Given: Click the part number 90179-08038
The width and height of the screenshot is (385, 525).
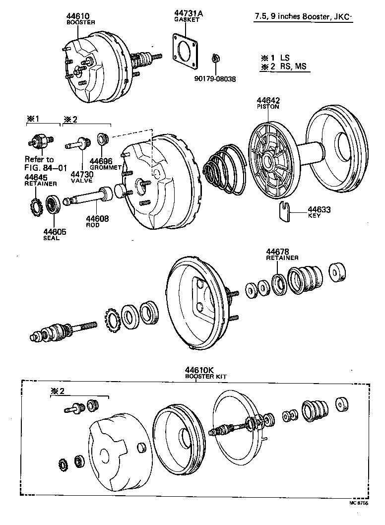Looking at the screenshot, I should pos(215,78).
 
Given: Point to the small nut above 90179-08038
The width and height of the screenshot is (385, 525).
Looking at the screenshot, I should pos(215,59).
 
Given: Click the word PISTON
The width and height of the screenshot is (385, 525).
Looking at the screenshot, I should pos(268,106).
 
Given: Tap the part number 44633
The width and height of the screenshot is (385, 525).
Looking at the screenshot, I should pos(319,209).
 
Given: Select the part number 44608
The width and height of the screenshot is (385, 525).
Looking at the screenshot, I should pos(97,218).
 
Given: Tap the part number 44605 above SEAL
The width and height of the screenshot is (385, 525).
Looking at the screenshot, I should pos(53,232).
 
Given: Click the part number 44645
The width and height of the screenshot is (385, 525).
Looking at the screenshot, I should pos(35,178).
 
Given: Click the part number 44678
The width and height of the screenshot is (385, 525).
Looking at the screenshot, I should pos(277,252).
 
